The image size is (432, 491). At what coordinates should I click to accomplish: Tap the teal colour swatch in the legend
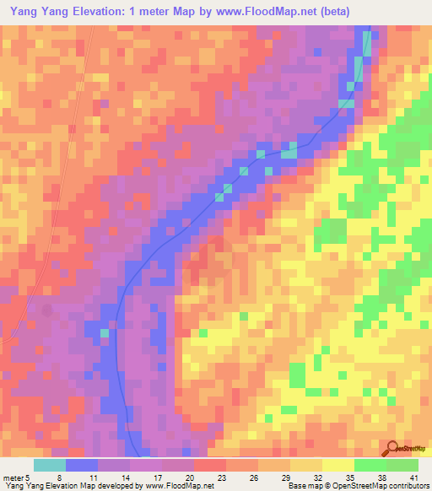click(x=49, y=465)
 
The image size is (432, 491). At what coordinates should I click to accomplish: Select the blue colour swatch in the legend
click(x=82, y=465)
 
